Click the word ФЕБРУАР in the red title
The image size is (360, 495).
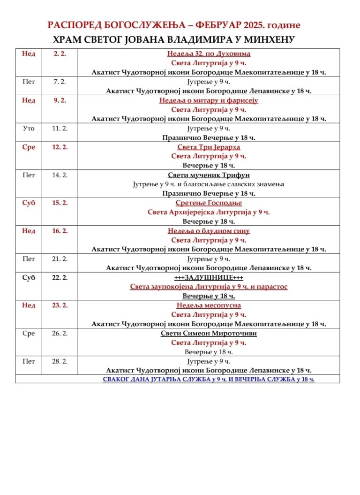coord(217,25)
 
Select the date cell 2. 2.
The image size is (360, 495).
coord(60,53)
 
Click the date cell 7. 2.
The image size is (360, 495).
coord(60,82)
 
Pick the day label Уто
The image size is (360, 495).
coord(29,128)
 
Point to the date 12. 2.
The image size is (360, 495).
coord(60,147)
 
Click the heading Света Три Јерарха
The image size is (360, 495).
coord(209,147)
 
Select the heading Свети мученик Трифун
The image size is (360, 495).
coord(209,175)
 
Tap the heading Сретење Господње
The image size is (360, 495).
coord(209,203)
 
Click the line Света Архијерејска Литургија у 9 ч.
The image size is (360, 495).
coord(209,212)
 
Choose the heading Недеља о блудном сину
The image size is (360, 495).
coord(209,231)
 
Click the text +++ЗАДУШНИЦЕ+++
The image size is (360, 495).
coord(209,277)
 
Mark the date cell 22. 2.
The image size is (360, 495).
coord(60,277)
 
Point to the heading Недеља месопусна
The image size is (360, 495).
coord(209,305)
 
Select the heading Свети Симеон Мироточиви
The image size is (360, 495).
coord(209,334)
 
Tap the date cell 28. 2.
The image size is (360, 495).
coord(60,361)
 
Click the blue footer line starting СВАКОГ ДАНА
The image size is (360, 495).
coord(209,379)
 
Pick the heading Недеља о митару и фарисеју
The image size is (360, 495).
coord(209,100)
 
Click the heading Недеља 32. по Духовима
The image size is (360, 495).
coord(209,53)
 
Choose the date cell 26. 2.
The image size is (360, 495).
coord(60,334)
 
